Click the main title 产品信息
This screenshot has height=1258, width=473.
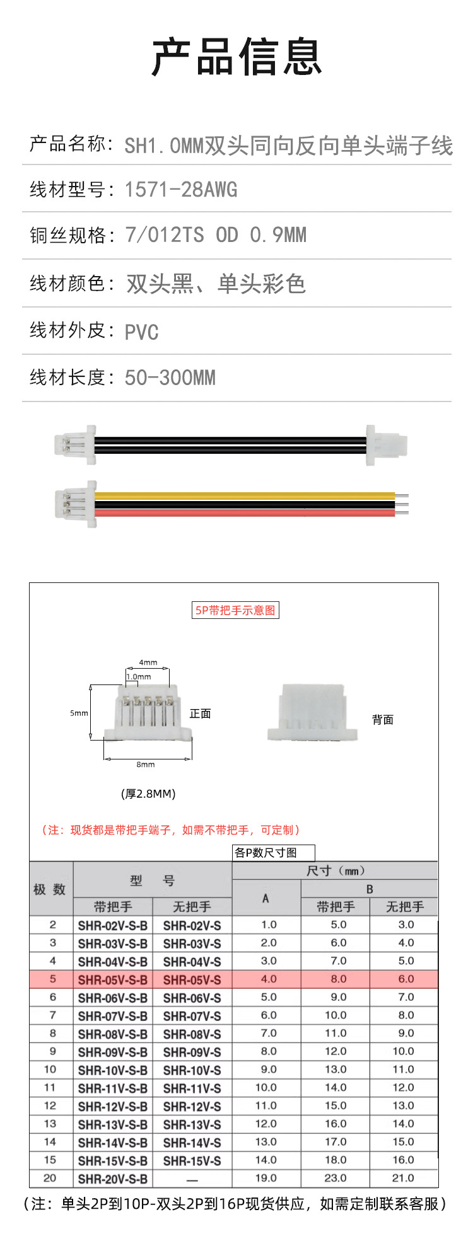[237, 57]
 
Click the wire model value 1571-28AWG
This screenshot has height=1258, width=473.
[181, 189]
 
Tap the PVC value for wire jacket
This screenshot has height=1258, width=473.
[141, 332]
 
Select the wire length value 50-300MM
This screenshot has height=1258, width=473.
[170, 378]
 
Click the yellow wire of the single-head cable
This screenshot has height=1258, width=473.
[245, 495]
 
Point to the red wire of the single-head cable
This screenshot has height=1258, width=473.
[245, 512]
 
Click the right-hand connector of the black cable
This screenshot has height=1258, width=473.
[387, 445]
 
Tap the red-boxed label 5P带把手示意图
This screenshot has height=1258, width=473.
[235, 610]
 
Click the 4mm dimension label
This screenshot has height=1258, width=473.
[148, 662]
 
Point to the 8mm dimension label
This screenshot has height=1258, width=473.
[146, 765]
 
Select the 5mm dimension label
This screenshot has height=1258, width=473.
[79, 713]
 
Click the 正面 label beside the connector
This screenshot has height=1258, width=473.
[201, 713]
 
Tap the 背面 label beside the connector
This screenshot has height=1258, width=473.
[383, 720]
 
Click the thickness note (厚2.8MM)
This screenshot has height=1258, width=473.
[148, 793]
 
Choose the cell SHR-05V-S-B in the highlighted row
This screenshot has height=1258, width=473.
[113, 979]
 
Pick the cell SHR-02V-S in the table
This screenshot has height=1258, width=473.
[192, 925]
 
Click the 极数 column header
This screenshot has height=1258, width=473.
[50, 889]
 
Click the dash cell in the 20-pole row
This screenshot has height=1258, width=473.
[192, 1179]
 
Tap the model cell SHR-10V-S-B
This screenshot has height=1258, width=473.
[113, 1070]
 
